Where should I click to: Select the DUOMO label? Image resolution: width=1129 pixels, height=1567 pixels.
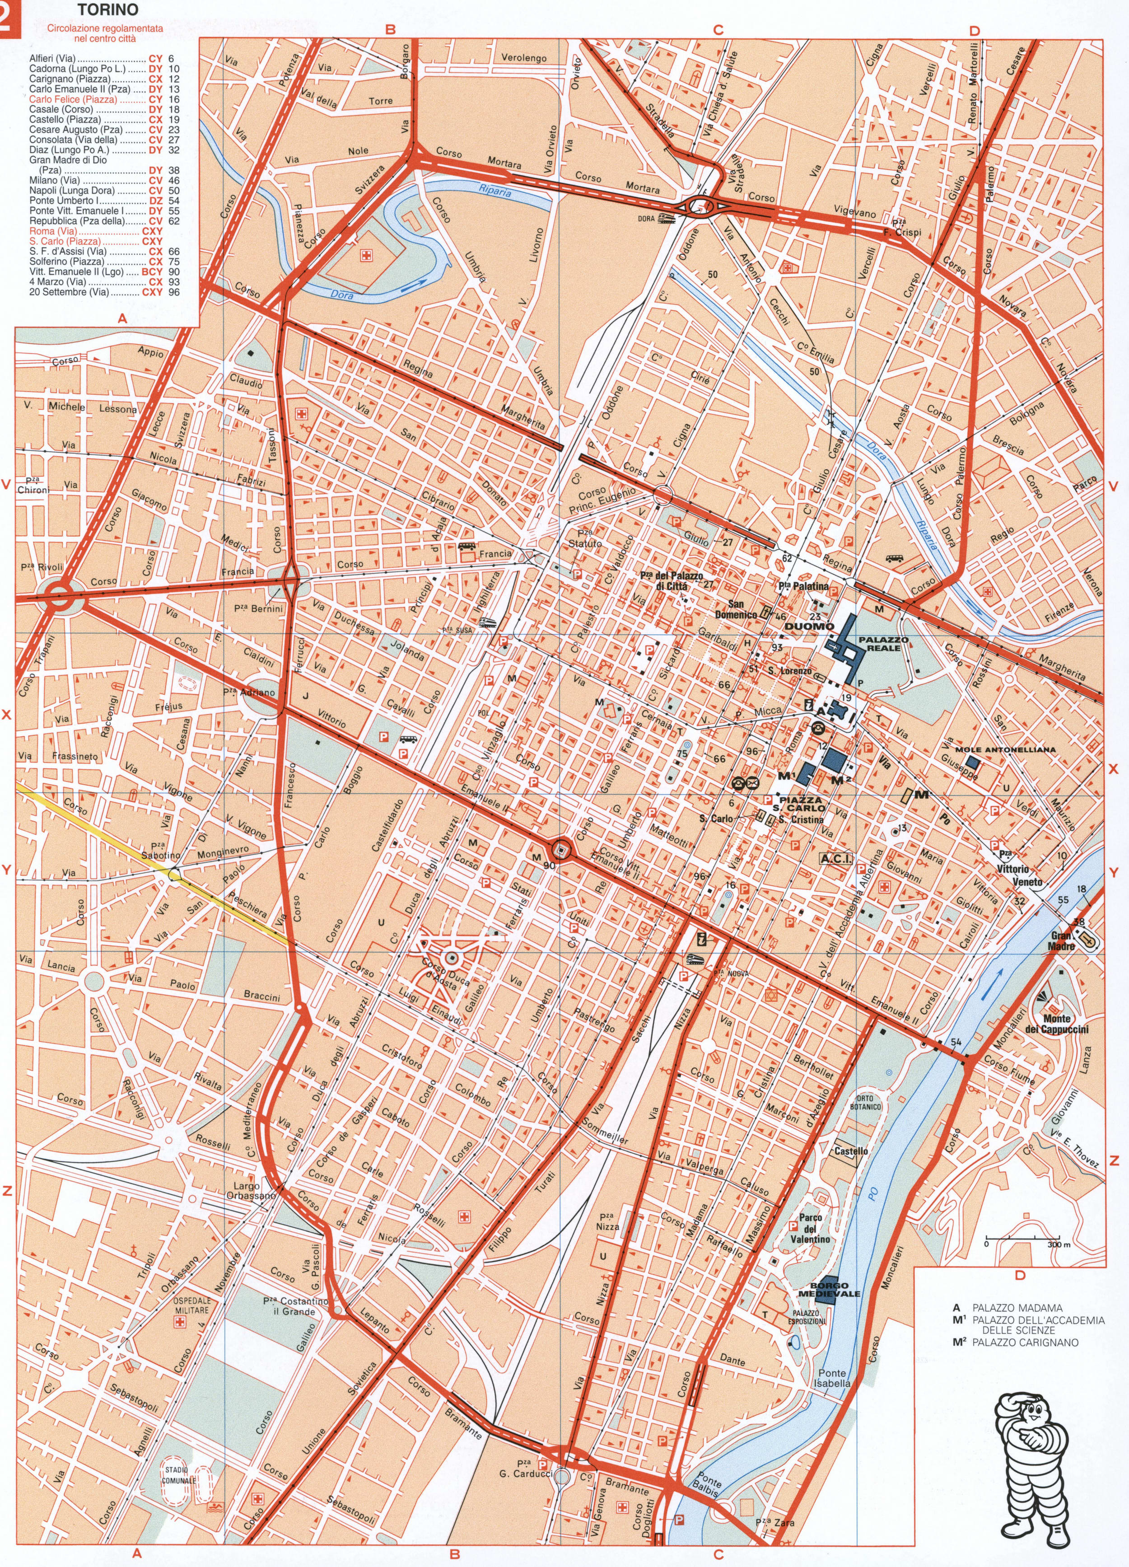pyautogui.click(x=810, y=626)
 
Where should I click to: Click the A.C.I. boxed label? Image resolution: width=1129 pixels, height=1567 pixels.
pyautogui.click(x=835, y=859)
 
